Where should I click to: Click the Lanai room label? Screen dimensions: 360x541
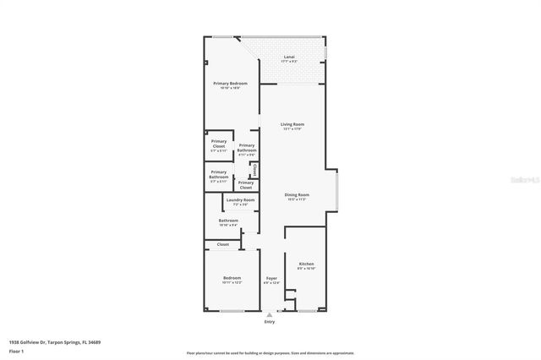pyautogui.click(x=289, y=58)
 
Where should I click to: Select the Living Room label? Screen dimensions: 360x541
pyautogui.click(x=292, y=124)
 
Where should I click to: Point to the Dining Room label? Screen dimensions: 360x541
pyautogui.click(x=297, y=195)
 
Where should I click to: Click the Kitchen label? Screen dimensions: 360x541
pyautogui.click(x=306, y=265)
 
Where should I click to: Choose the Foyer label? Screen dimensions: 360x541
pyautogui.click(x=271, y=278)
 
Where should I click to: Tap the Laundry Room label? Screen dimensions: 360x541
pyautogui.click(x=240, y=199)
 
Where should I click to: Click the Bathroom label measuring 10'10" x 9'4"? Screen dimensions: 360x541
pyautogui.click(x=228, y=221)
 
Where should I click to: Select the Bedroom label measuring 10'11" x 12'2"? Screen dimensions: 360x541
pyautogui.click(x=232, y=278)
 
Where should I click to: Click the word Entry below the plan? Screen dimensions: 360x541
pyautogui.click(x=270, y=322)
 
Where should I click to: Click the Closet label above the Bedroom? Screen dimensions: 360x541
pyautogui.click(x=223, y=244)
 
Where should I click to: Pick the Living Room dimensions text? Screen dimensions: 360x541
pyautogui.click(x=292, y=129)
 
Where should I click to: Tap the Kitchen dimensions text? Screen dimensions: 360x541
pyautogui.click(x=306, y=269)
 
